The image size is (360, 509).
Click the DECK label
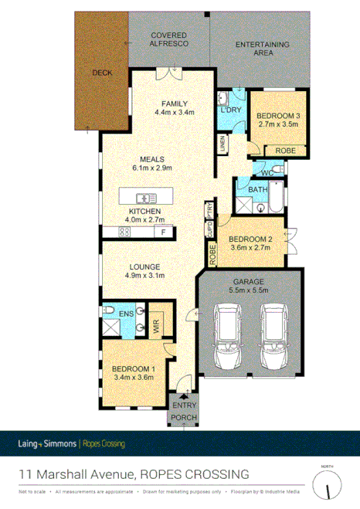[102, 74]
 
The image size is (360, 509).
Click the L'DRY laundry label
[231, 110]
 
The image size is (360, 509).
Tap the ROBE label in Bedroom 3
[284, 151]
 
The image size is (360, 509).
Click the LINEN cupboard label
[222, 143]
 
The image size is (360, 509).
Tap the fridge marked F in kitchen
[163, 232]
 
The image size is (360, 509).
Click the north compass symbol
[331, 486]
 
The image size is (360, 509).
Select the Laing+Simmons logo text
[48, 443]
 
